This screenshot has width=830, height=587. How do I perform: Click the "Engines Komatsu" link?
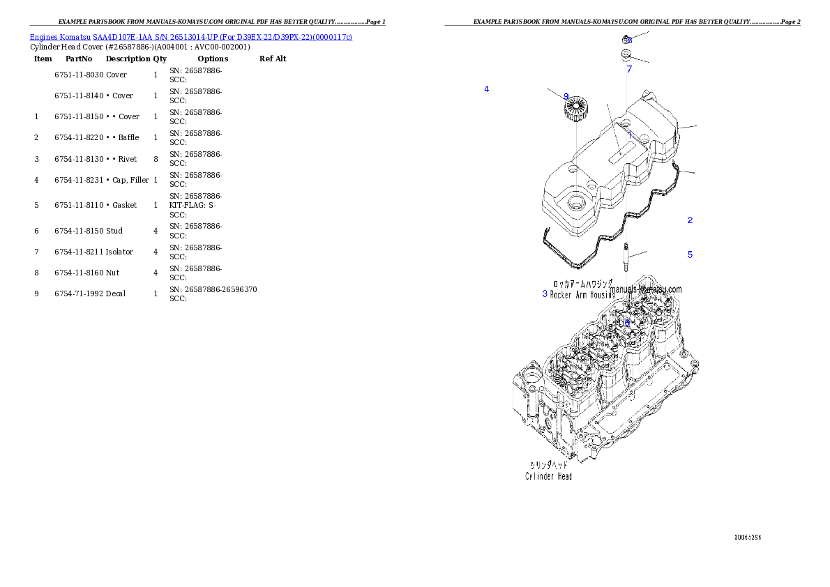coord(61,36)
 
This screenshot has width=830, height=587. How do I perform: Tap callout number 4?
coord(486,89)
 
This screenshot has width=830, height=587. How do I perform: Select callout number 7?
coord(629,69)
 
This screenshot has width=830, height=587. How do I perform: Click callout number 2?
coord(690,220)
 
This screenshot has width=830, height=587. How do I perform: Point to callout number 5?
coord(690,254)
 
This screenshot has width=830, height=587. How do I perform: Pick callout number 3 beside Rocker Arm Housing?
coord(545,293)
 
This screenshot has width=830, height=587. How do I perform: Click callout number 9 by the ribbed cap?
coord(566,96)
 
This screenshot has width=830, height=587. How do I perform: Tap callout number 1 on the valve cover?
coord(628,132)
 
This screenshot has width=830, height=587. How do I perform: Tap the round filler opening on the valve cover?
coord(577,203)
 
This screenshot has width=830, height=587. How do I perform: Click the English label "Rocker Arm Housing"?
coord(582,295)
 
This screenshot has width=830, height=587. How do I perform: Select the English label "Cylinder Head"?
coord(548,476)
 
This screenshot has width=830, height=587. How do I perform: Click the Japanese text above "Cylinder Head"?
coord(548,464)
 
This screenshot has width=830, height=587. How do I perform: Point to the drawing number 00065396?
coord(747,538)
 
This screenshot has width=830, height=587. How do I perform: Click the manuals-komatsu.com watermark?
coord(646,289)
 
